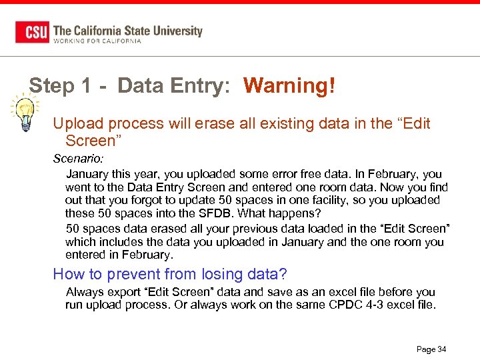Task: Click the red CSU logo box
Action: [x=33, y=32]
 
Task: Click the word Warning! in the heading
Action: [x=289, y=86]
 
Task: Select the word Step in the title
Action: [x=52, y=86]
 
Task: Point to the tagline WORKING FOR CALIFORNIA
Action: [x=97, y=41]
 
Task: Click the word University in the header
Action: [x=173, y=30]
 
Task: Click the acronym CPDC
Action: [x=344, y=305]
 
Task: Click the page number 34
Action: [x=441, y=349]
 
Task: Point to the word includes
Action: [x=119, y=241]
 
